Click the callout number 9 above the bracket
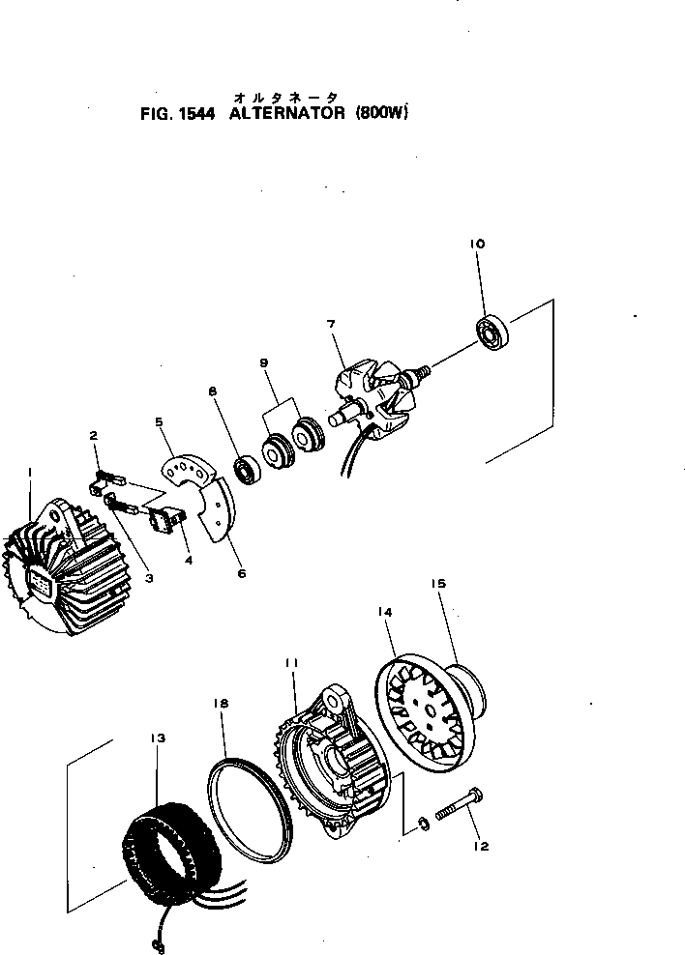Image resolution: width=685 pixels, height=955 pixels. tap(263, 363)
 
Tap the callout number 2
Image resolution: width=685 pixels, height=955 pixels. tap(94, 436)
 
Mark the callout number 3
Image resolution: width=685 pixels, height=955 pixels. tap(149, 579)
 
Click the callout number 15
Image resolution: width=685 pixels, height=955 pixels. tap(437, 584)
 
